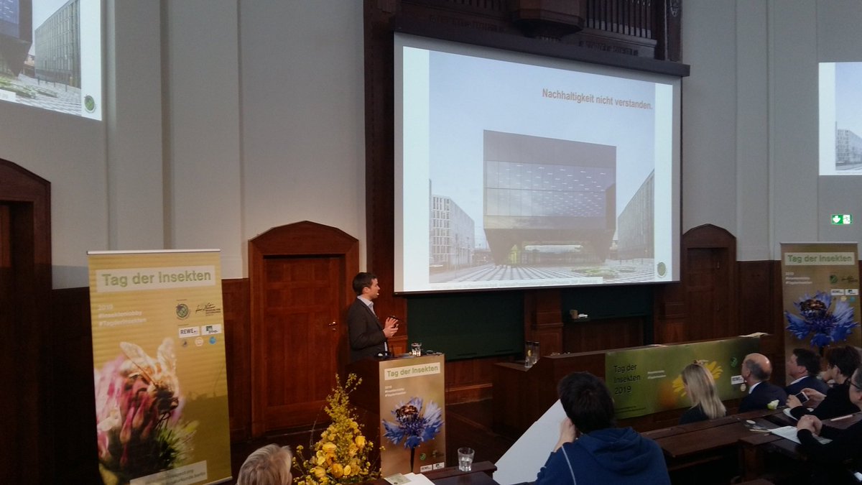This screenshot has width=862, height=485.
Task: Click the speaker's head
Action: pos(366,285)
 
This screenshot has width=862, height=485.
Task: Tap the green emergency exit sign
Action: pos(840,219)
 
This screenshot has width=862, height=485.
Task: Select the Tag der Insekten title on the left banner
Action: pos(156,278)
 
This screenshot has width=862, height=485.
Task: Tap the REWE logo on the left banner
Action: pos(188,331)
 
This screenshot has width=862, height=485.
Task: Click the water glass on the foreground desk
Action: pos(465,459)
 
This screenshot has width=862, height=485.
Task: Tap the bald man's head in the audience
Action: pos(756,369)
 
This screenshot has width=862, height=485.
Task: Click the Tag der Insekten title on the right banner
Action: pos(819,258)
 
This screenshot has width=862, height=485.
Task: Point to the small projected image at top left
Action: pos(50,55)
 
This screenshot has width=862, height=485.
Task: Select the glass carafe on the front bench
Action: pos(530,353)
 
